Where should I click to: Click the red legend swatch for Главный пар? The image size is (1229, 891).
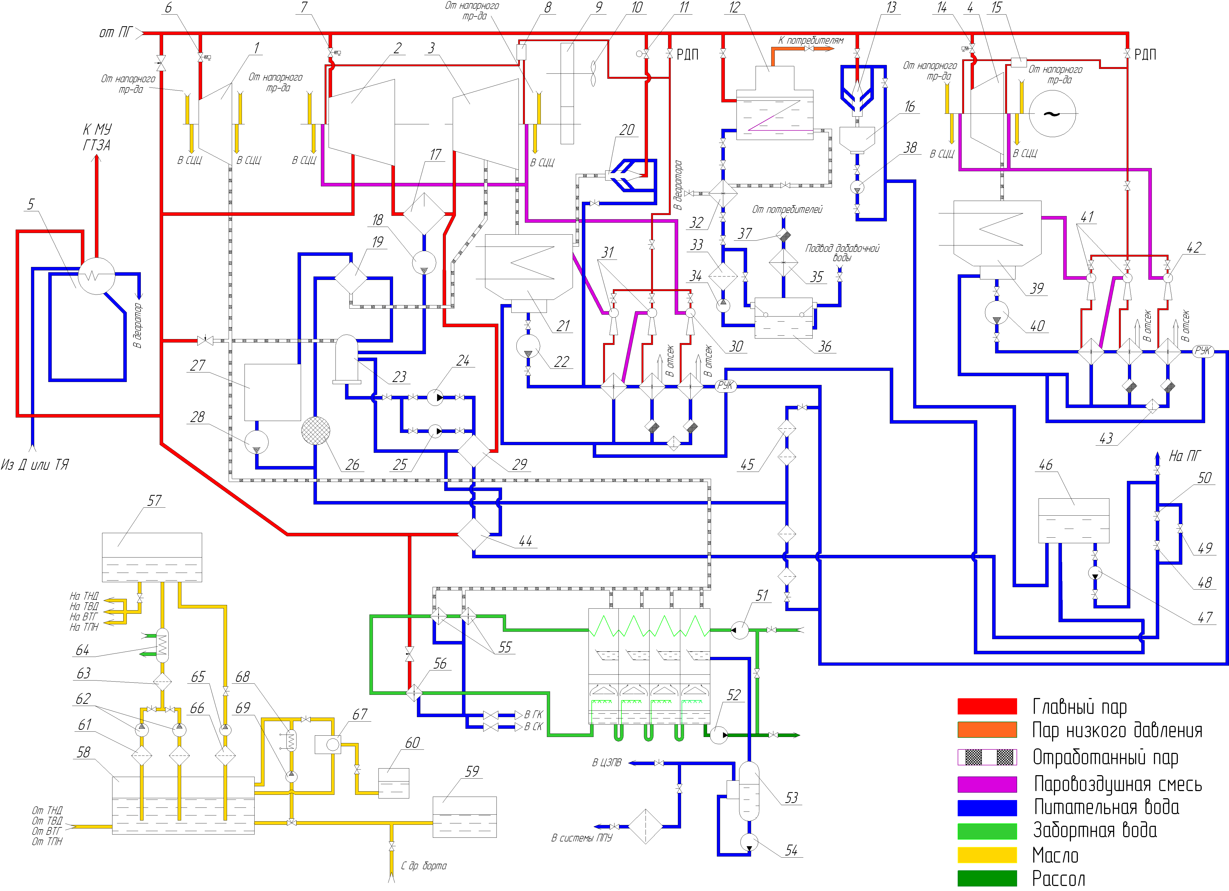pos(987,706)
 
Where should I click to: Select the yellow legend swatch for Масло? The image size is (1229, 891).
pos(987,855)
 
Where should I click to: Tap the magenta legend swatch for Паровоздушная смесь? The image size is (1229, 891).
pos(987,784)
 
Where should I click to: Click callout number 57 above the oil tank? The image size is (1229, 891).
pos(154,501)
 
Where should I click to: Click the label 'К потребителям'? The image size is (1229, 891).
pos(811,40)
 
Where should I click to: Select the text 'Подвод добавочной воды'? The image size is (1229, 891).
pos(842,252)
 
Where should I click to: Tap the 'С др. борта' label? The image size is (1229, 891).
pos(424,866)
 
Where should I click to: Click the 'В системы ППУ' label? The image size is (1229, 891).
pos(581,837)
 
